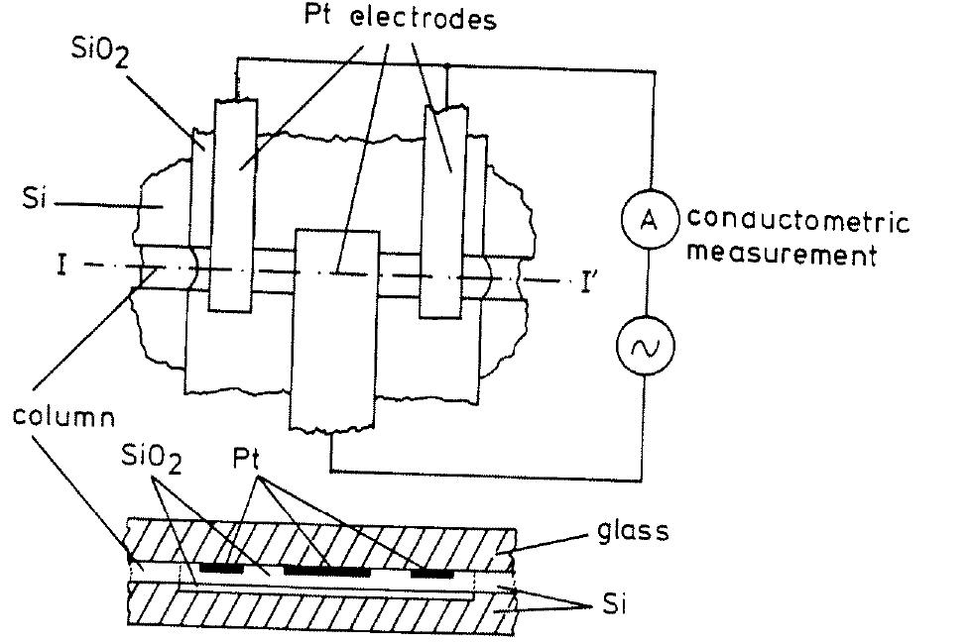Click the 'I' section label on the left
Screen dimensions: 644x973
(61, 267)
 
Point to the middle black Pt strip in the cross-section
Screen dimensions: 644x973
(326, 572)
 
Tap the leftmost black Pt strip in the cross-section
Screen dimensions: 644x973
(221, 570)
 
